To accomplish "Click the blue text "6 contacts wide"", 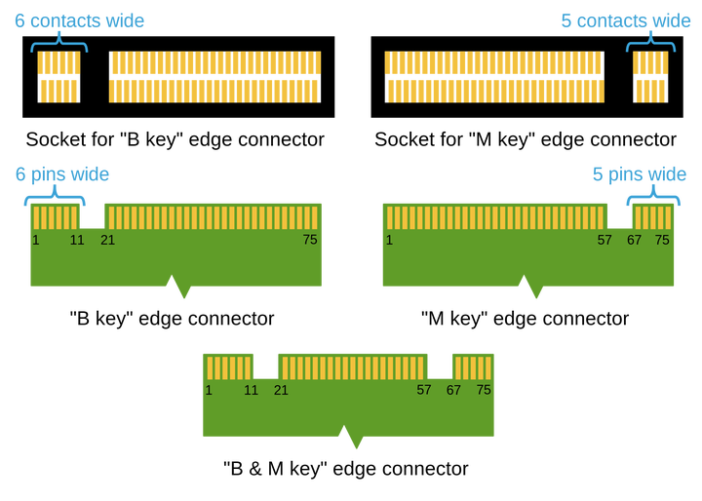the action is [79, 21].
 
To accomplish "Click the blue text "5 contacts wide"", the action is [626, 21].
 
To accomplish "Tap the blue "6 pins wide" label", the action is [62, 174].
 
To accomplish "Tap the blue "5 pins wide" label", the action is [640, 174].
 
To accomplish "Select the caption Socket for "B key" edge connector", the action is [175, 139].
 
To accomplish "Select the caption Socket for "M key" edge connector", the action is [526, 139].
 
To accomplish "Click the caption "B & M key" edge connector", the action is [345, 469].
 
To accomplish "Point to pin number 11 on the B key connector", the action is [77, 241].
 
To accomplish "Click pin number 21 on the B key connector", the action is [108, 241].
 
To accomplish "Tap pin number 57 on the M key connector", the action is [604, 241].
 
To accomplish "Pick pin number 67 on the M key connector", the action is [634, 241].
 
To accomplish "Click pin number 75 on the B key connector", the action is [310, 240].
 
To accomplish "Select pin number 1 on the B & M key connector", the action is [209, 391].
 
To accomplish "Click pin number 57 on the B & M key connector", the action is [424, 391].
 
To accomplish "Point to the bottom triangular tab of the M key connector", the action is [531, 287].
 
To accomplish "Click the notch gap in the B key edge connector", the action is [93, 216].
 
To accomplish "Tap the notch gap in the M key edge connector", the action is [620, 216].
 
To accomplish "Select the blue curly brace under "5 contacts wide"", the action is [650, 42].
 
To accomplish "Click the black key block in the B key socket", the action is [95, 77].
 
